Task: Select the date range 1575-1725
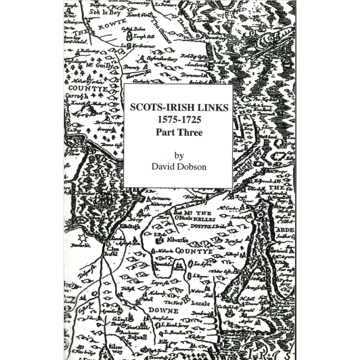(178, 120)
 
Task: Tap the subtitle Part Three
(179, 132)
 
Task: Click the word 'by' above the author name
(179, 155)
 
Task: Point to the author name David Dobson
(179, 167)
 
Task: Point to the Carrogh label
(77, 96)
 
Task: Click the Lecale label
(200, 303)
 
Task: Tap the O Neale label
(183, 218)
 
